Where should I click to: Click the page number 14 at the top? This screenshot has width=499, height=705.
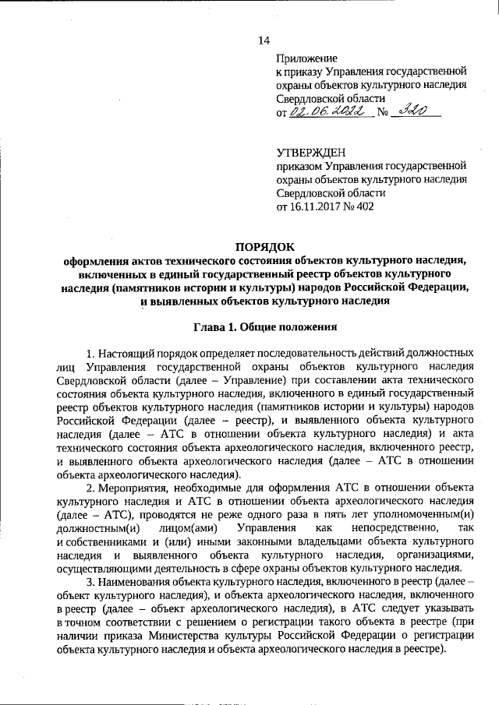[262, 41]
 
